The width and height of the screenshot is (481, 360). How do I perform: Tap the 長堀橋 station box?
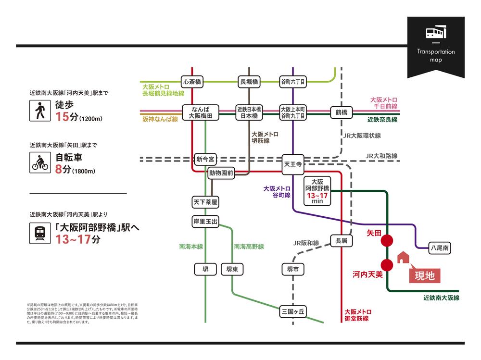click(249, 82)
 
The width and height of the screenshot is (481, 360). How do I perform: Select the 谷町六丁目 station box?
click(293, 82)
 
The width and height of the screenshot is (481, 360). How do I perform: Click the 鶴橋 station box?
click(342, 112)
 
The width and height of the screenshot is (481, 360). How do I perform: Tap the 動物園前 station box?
click(221, 173)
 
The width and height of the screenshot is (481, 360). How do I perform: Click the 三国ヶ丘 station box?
click(293, 311)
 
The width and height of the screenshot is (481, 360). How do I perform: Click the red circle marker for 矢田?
click(387, 241)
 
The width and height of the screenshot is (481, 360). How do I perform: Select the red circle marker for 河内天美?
click(387, 264)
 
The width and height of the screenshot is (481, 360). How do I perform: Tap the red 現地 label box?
click(424, 276)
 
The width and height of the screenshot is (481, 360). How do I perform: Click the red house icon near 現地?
click(403, 258)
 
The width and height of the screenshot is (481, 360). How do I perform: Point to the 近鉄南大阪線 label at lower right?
click(441, 298)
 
